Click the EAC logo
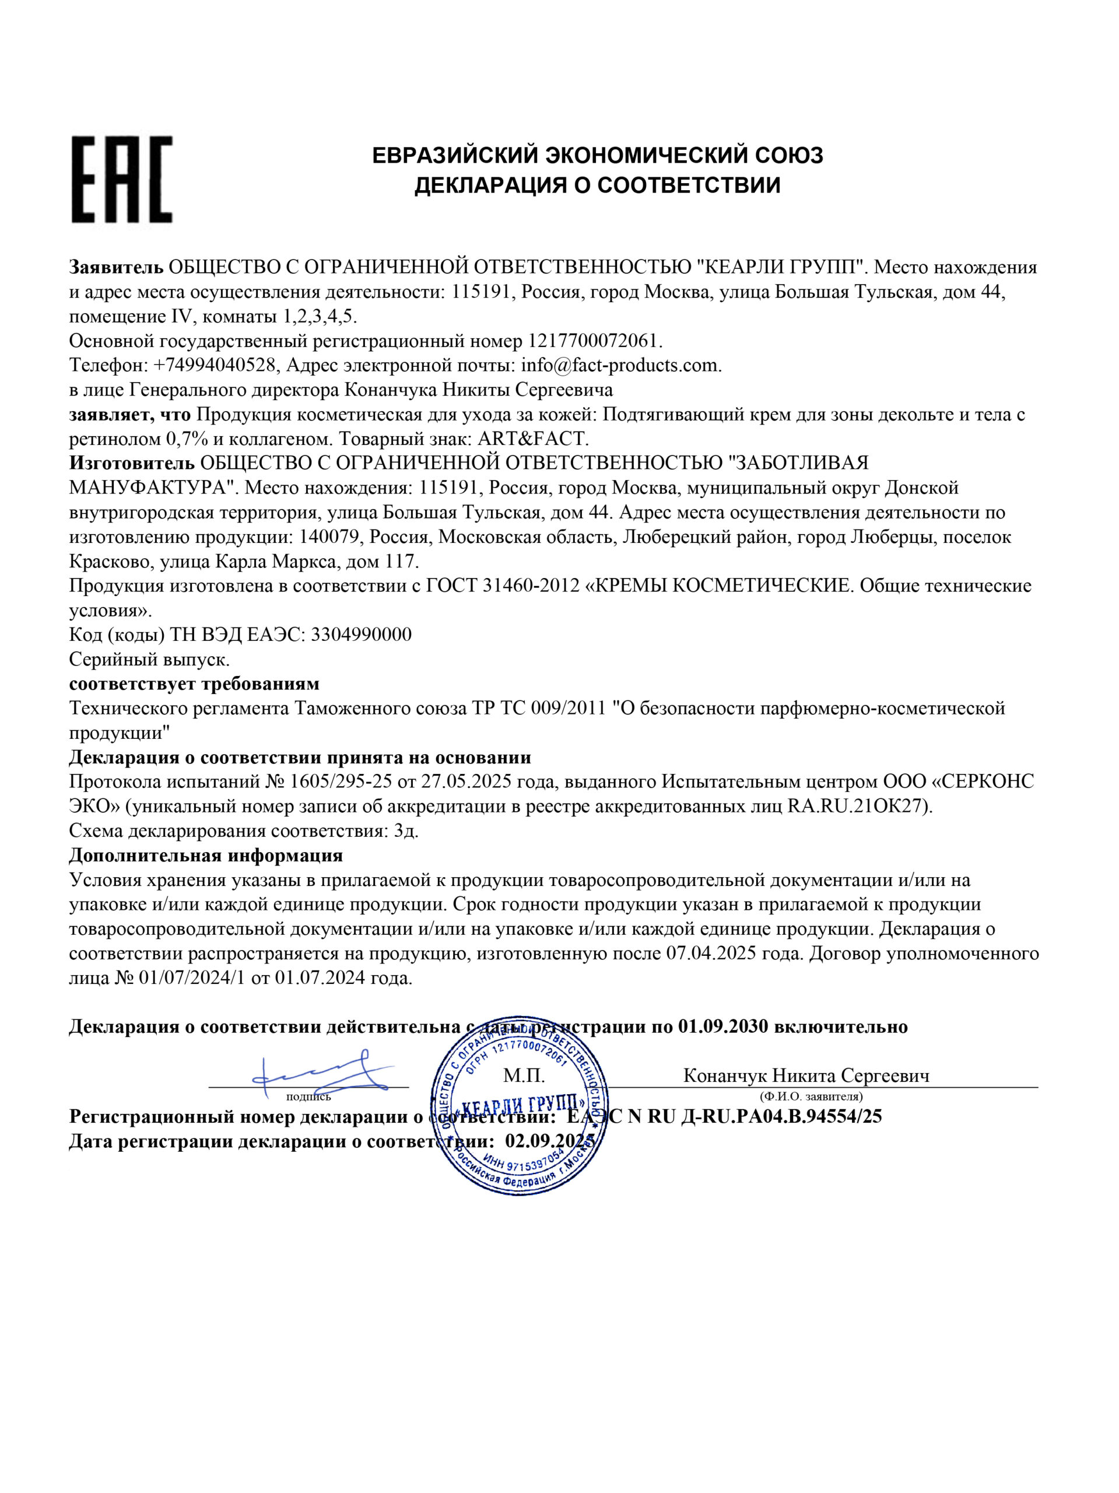[121, 180]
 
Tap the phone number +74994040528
[215, 365]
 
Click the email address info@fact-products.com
[621, 365]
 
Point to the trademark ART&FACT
[533, 439]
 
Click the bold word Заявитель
[116, 267]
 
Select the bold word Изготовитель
[132, 463]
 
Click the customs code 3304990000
[361, 635]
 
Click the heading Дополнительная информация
[206, 856]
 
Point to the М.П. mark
[524, 1076]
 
